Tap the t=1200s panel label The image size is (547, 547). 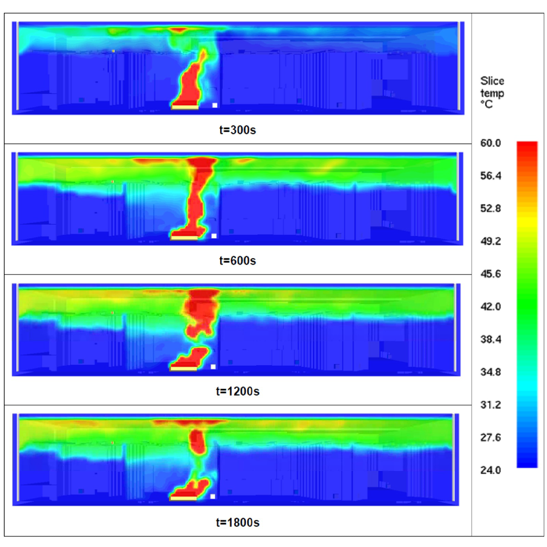click(x=237, y=391)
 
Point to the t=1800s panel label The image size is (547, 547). click(x=237, y=522)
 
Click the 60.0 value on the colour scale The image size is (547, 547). click(x=491, y=143)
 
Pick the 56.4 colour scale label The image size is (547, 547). click(x=491, y=176)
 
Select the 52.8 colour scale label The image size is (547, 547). click(x=491, y=209)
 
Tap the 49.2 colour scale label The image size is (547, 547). click(x=491, y=241)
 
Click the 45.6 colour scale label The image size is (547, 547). click(x=491, y=274)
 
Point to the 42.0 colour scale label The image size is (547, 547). click(x=491, y=307)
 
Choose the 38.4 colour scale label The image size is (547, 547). click(x=491, y=339)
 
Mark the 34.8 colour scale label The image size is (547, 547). click(x=491, y=372)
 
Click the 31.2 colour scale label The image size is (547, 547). click(x=491, y=405)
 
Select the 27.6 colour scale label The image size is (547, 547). click(x=491, y=437)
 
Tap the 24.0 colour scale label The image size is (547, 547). click(x=491, y=470)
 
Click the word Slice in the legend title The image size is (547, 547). click(x=492, y=81)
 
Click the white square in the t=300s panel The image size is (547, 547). click(x=214, y=105)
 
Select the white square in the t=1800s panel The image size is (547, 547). click(x=213, y=497)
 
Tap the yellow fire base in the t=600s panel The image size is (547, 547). click(x=184, y=237)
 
